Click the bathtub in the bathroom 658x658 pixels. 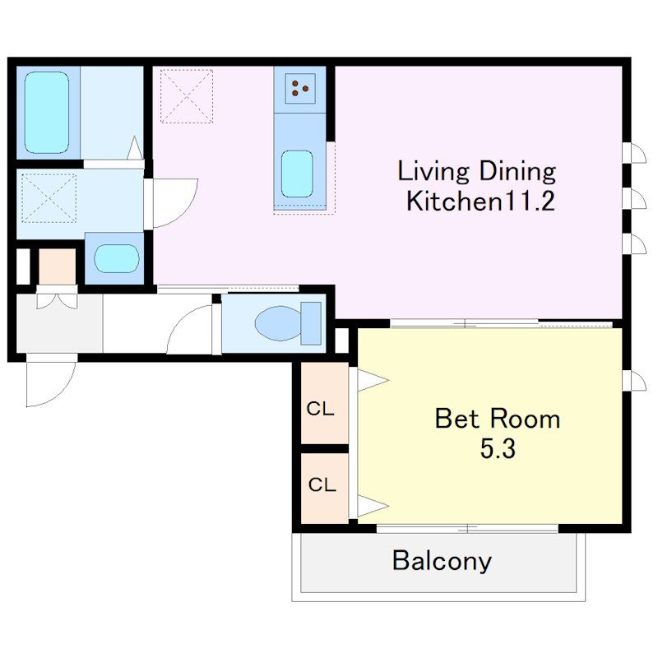pyautogui.click(x=47, y=113)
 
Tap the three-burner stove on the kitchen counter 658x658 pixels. pyautogui.click(x=300, y=89)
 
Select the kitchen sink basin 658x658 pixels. pyautogui.click(x=297, y=174)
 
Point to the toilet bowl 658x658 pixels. pyautogui.click(x=278, y=323)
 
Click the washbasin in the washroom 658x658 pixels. pyautogui.click(x=116, y=258)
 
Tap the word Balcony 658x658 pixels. pyautogui.click(x=442, y=561)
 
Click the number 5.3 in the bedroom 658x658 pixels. pyautogui.click(x=498, y=448)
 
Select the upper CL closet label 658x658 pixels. pyautogui.click(x=321, y=408)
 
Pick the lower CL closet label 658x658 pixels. pyautogui.click(x=322, y=484)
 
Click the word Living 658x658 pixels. pyautogui.click(x=433, y=172)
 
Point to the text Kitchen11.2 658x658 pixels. pyautogui.click(x=481, y=201)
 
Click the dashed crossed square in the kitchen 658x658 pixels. pyautogui.click(x=187, y=96)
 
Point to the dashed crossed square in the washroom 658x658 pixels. pyautogui.click(x=49, y=198)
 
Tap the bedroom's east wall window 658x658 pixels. pyautogui.click(x=634, y=381)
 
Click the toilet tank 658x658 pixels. pyautogui.click(x=311, y=323)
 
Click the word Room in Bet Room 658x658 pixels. pyautogui.click(x=525, y=419)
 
